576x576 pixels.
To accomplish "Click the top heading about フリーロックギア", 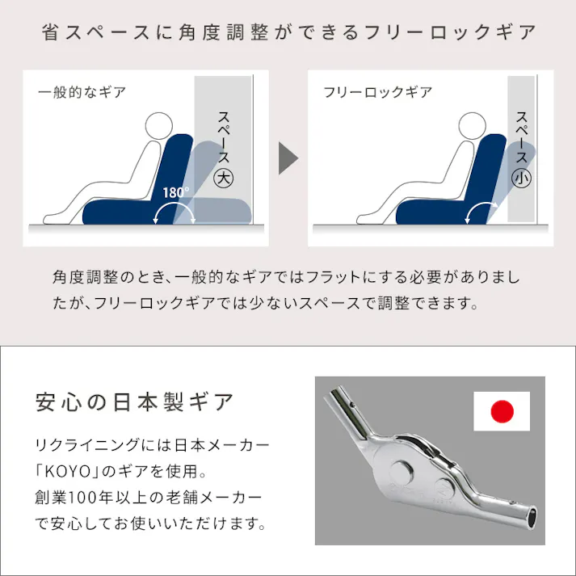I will tap(288, 33).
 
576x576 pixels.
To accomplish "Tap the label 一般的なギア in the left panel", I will tap(82, 92).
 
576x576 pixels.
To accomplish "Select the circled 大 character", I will tap(223, 179).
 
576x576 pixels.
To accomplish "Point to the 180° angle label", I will tap(175, 193).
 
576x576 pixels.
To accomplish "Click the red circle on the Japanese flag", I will tap(502, 412).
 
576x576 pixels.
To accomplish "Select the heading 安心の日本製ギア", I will tap(136, 401).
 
